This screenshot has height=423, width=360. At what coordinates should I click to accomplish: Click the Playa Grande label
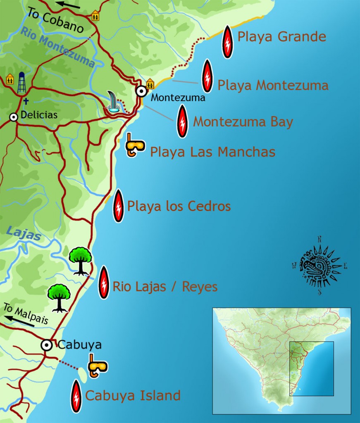(x=282, y=37)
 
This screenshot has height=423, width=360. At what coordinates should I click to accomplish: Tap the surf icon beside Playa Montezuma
(x=207, y=76)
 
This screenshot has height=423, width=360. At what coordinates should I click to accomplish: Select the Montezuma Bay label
(x=243, y=122)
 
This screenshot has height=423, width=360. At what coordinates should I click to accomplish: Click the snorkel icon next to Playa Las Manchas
(x=135, y=145)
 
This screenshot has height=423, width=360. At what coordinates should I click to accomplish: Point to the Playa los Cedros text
(x=179, y=206)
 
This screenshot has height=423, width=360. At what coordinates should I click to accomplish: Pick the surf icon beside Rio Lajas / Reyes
(x=104, y=282)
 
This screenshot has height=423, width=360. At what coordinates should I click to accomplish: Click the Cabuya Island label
(x=133, y=396)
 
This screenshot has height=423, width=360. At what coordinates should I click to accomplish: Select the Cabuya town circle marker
(x=47, y=345)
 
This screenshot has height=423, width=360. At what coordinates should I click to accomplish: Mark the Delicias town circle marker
(x=14, y=117)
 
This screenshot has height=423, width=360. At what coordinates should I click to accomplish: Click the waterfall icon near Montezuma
(x=113, y=102)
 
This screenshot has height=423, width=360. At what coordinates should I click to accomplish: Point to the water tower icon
(x=21, y=83)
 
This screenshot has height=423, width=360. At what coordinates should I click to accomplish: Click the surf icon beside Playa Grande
(x=227, y=41)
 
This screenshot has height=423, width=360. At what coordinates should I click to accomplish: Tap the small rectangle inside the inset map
(x=311, y=368)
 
